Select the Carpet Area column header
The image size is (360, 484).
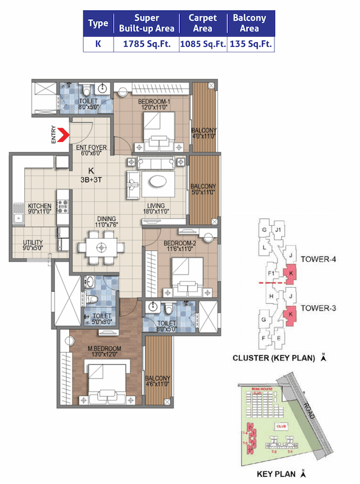tap(202, 23)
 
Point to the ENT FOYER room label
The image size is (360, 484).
tap(92, 150)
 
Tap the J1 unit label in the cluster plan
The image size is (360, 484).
tap(278, 230)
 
